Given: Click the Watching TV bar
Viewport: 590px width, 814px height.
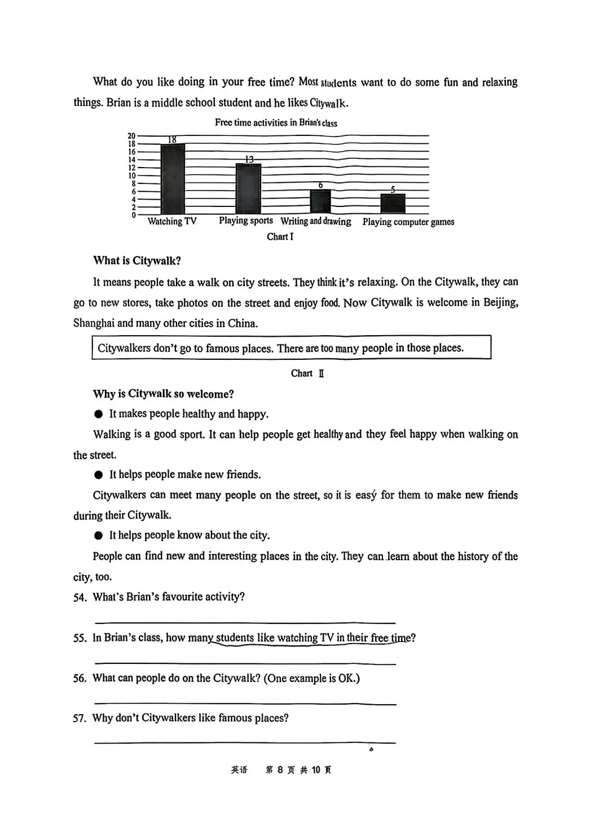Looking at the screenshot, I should coord(173,179).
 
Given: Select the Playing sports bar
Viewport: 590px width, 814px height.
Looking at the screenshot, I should coord(248,189).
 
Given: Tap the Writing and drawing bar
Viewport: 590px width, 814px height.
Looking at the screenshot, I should coord(320,201).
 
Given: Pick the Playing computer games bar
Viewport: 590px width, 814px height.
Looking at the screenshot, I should coord(393,204).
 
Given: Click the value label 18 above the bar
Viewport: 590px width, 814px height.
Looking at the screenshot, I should coord(172,140).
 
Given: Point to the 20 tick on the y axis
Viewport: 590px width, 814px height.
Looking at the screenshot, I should coord(132,136).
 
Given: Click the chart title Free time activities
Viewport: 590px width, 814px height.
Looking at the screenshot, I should coord(276,122).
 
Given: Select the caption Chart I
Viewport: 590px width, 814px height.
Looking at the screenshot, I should coord(280,236).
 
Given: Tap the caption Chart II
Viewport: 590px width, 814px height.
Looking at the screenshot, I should coord(307,373).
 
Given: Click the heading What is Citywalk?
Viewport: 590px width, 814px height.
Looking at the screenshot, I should coord(137,260).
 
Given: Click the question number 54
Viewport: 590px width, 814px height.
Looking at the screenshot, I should coord(80,597).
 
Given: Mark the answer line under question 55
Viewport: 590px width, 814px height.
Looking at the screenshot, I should coord(245,663).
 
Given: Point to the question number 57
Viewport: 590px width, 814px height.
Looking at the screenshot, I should coord(80,718).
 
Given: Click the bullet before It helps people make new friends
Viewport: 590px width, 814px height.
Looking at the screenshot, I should coord(98,475).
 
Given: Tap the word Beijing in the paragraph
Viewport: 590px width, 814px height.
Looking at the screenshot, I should coord(500,302).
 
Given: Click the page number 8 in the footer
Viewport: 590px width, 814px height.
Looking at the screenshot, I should coord(280,770).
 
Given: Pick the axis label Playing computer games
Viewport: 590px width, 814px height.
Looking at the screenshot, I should coord(408,222).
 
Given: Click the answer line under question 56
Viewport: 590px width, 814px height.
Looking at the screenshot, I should coord(245,704).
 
